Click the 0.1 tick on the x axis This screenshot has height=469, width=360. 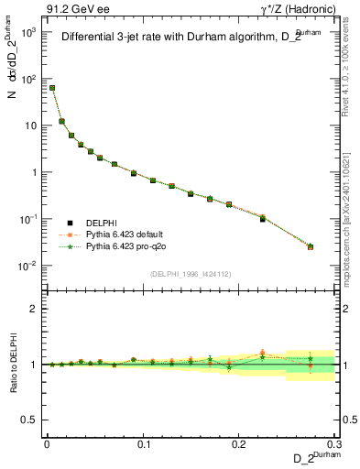click(x=143, y=442)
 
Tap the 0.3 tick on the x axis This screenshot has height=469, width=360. click(x=334, y=442)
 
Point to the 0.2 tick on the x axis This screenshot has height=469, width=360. click(x=239, y=442)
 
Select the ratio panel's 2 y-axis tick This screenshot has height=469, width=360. click(x=35, y=309)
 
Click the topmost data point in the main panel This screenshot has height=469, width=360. click(x=52, y=88)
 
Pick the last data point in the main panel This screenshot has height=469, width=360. click(x=311, y=247)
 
